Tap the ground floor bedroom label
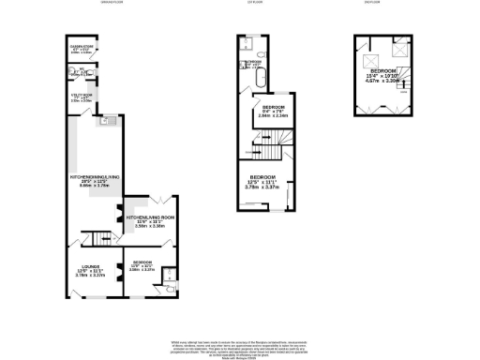coord(142,265)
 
